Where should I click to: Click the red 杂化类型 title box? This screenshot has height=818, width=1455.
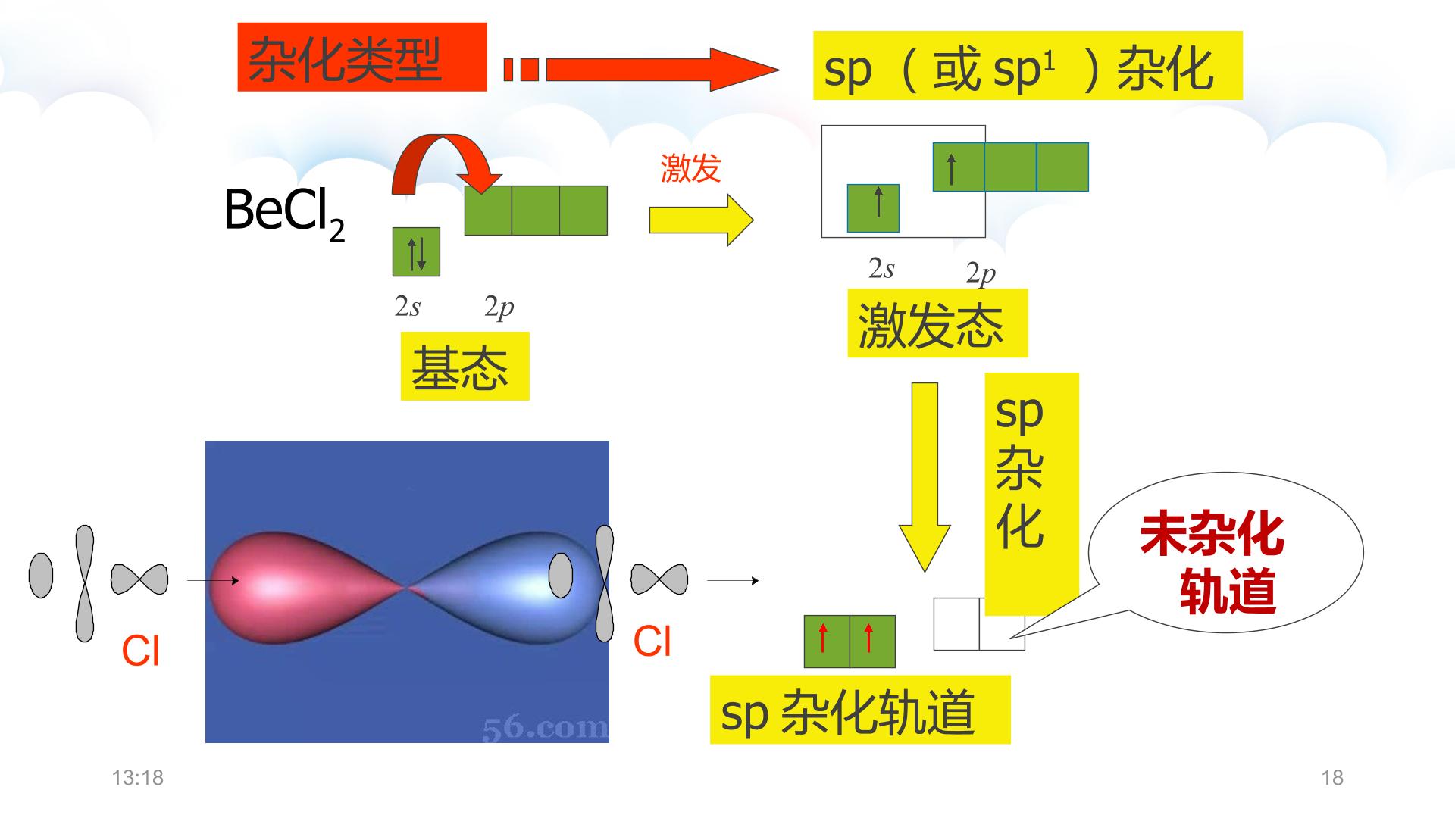[361, 58]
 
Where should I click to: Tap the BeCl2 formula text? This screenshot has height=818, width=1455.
[285, 212]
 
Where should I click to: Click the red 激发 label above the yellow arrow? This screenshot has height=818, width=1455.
[690, 168]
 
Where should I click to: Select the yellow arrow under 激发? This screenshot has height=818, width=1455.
[701, 220]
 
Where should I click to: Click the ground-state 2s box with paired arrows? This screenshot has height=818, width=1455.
[416, 252]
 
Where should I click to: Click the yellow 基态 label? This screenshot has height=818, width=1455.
[465, 367]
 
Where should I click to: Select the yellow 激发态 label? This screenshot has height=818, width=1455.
[937, 323]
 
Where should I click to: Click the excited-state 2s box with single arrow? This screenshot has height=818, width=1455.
[873, 208]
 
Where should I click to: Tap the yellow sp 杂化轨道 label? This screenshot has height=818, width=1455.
[860, 710]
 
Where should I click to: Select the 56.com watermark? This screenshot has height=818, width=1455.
[545, 729]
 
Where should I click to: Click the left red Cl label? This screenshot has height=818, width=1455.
[140, 650]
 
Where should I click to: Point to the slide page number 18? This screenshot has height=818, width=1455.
[1332, 778]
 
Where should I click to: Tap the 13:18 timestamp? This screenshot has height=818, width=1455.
[138, 778]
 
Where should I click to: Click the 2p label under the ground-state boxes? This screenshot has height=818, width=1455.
[499, 307]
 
